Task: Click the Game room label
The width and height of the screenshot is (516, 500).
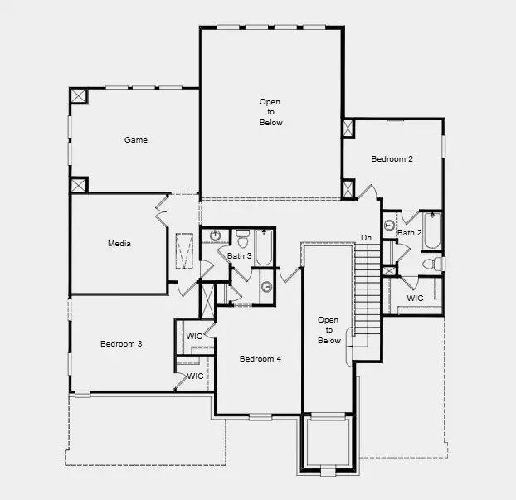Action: tap(136, 140)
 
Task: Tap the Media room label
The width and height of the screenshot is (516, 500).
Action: tap(119, 244)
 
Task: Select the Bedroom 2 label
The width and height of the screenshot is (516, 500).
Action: tap(392, 159)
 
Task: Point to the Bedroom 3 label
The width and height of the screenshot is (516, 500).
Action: tap(121, 343)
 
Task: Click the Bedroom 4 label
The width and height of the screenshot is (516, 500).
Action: tap(260, 359)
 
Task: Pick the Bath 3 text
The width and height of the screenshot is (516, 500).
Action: tap(240, 256)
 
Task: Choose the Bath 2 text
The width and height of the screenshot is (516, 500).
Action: tap(409, 233)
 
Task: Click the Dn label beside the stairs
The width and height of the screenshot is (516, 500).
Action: tap(366, 239)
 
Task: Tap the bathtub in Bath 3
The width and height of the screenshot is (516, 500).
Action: tap(264, 246)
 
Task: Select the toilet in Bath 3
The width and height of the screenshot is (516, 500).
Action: tap(242, 239)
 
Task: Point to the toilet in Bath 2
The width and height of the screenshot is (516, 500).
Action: tap(432, 264)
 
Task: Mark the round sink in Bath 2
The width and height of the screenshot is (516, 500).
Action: tap(389, 225)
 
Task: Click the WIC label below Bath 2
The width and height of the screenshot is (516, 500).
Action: tap(415, 299)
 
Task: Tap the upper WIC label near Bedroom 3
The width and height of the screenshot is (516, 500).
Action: tap(194, 337)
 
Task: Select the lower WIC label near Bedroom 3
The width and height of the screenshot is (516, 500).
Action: tap(195, 376)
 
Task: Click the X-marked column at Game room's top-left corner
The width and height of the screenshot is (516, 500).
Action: tap(79, 95)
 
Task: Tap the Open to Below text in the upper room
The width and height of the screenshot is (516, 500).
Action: tap(270, 112)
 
